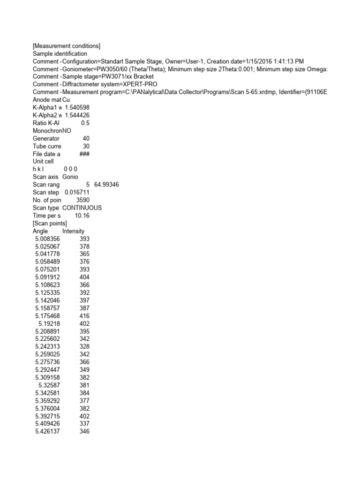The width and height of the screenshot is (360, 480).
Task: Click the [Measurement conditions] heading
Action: pos(67,46)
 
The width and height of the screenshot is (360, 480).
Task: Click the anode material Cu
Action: pos(66,100)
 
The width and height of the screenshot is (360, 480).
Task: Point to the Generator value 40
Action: pos(86,139)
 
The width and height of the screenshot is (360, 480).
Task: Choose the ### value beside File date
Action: pos(84,154)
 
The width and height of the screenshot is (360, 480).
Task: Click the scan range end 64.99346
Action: pos(106,185)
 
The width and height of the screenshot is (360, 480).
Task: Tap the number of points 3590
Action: pos(82,200)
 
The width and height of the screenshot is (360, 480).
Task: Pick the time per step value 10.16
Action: pos(82,216)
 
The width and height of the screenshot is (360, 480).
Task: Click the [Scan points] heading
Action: pos(50,223)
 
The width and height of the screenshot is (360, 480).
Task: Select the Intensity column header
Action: pos(73,231)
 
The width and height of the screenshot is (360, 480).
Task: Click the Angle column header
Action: pos(41,231)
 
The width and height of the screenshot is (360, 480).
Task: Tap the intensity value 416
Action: pos(84,315)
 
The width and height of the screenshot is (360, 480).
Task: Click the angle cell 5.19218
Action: pos(49,323)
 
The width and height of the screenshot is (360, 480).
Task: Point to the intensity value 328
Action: pos(84,346)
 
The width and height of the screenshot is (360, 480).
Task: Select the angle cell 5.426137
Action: pos(47,431)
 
